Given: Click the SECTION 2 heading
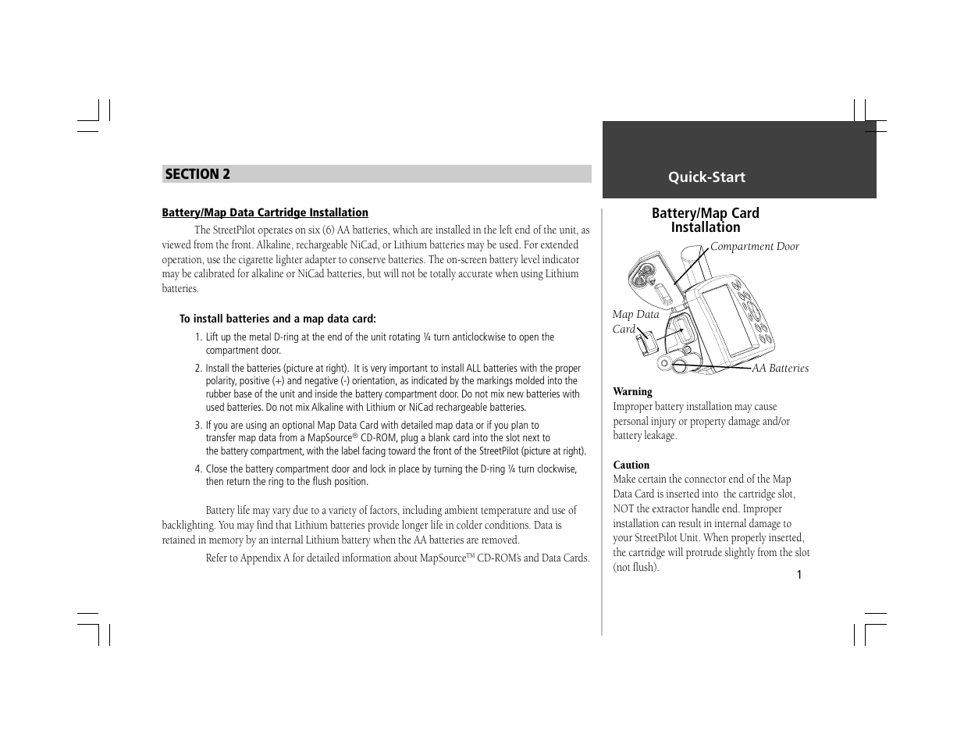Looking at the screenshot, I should [x=197, y=174].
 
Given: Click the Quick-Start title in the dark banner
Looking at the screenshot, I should [x=706, y=177].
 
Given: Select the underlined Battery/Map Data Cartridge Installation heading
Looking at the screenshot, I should [x=265, y=212].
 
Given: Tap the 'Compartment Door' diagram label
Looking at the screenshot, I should [x=754, y=247].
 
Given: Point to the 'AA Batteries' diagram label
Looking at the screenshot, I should [x=780, y=369].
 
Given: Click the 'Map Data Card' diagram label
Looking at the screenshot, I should [x=635, y=322].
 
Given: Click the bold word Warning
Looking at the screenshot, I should [x=632, y=392].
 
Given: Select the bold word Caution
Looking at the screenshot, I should [x=631, y=465].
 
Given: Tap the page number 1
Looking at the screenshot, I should [x=799, y=576].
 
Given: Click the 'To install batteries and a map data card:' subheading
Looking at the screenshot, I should [x=277, y=319].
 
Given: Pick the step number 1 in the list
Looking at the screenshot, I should [x=198, y=337].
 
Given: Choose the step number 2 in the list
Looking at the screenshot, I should [x=198, y=369].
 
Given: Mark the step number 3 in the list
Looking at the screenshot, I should [x=198, y=426].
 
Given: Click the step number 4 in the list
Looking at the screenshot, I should [x=198, y=469].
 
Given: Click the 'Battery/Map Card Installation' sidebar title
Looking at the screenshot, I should [x=705, y=220].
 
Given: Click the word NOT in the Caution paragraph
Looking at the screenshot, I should [x=624, y=509].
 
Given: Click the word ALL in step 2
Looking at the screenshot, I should [x=464, y=369].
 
